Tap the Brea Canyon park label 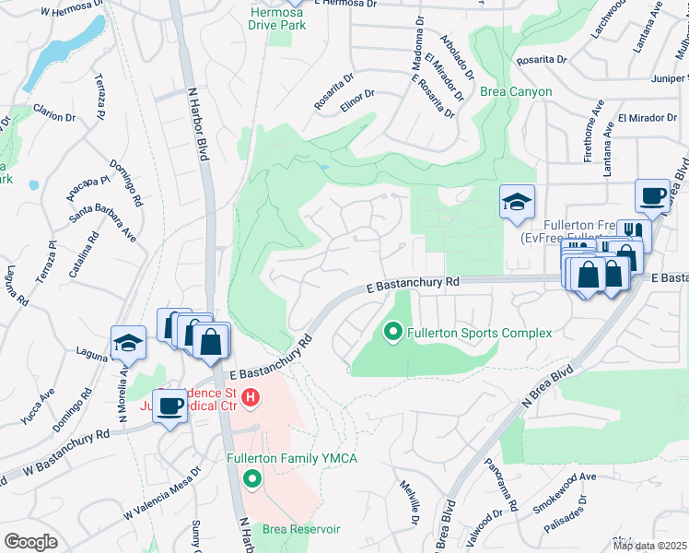(516, 91)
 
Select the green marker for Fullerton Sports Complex (393, 331)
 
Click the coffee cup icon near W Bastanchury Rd (170, 406)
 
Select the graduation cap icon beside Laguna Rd (128, 344)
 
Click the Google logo (30, 541)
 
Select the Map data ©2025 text (649, 546)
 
